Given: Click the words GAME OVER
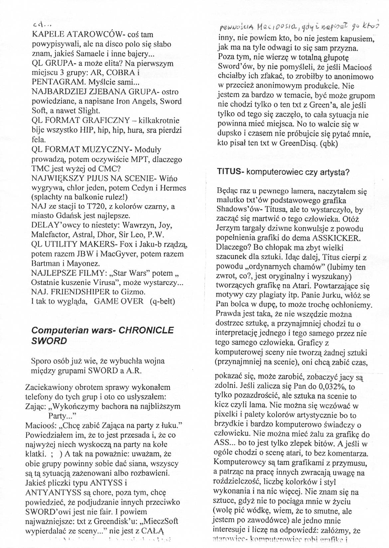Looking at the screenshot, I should [119, 302].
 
